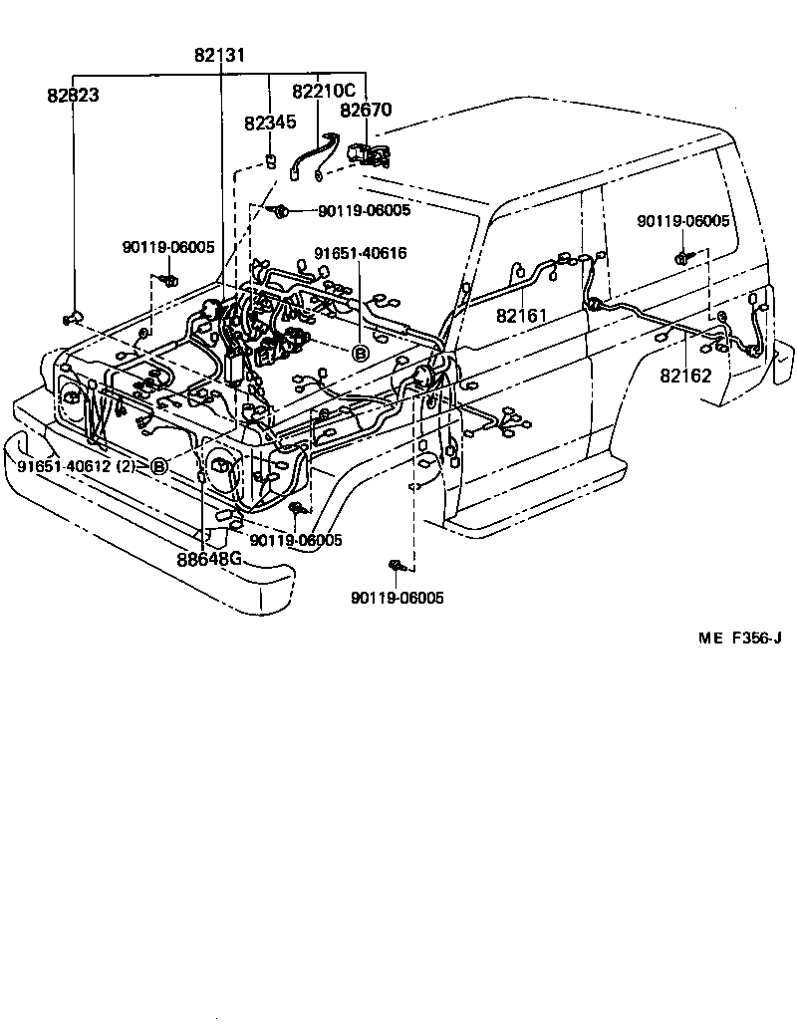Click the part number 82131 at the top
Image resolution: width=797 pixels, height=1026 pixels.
pos(219,56)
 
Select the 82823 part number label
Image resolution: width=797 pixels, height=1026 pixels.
pos(73,96)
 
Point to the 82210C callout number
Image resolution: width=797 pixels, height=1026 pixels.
pos(323,92)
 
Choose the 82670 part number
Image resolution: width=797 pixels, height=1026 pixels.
pos(367,111)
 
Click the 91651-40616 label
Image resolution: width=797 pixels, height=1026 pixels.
pos(360,254)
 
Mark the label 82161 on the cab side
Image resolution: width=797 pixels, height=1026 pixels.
pos(523,316)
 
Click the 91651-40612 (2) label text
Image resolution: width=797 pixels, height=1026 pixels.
pos(76,466)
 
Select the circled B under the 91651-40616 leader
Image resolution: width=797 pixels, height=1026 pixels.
pos(361,353)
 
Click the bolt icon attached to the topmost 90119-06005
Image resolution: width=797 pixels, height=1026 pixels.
pos(283,210)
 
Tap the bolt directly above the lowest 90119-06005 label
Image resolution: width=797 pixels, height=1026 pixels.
pos(397,567)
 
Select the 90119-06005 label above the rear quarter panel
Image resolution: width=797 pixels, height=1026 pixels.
pos(683,221)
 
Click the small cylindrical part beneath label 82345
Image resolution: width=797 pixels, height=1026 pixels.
pos(270,162)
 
